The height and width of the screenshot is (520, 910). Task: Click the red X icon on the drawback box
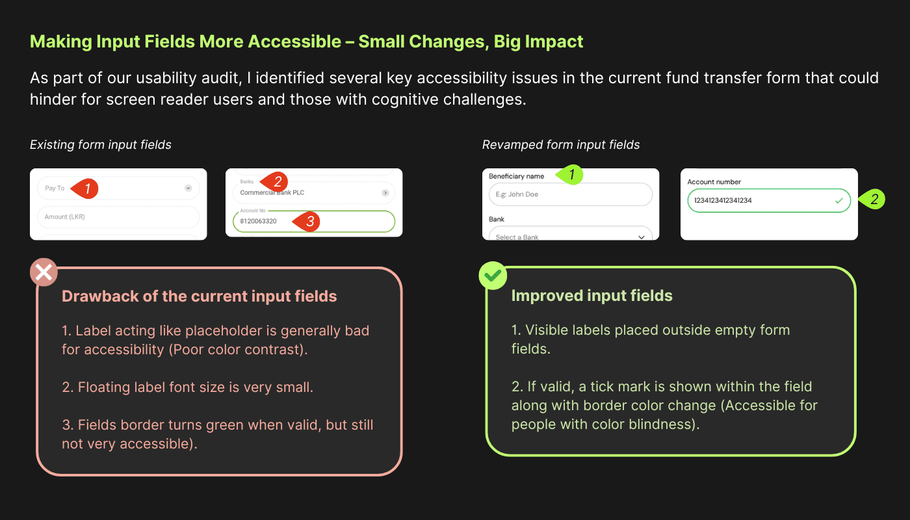point(44,273)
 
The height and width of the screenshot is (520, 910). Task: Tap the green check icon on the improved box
point(493,276)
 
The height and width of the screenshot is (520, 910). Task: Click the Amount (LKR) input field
point(118,217)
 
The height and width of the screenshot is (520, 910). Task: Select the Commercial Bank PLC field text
point(272,192)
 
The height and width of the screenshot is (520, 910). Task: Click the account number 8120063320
point(258,221)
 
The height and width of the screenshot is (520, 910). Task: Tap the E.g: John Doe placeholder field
point(569,194)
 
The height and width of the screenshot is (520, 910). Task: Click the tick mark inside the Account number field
point(838,201)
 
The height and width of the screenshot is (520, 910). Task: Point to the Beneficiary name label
point(516,176)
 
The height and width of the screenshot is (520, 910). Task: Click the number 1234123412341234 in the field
point(723,200)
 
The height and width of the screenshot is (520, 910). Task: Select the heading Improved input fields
point(591,296)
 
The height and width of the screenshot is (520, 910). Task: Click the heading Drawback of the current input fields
point(199,296)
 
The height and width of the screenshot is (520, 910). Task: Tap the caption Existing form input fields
point(101,145)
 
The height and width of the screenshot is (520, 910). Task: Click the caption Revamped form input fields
point(561,145)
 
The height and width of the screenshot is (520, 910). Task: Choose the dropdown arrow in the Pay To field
point(188,188)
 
